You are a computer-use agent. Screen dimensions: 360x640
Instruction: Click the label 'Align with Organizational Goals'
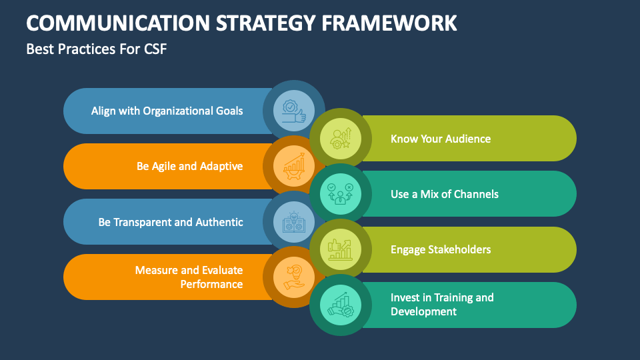coord(167,111)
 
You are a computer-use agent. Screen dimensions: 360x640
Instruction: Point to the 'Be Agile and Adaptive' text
coord(189,166)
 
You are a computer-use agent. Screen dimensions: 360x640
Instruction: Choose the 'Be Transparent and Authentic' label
coord(171,222)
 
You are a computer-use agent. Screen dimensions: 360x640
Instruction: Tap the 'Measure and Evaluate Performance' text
coord(189,277)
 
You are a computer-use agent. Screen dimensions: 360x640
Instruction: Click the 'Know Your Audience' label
coord(441,139)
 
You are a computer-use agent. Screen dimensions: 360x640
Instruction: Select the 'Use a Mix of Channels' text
coord(445,194)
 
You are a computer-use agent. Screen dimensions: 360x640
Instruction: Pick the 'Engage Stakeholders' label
coord(441,249)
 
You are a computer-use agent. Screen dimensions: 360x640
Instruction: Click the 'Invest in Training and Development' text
coord(442,304)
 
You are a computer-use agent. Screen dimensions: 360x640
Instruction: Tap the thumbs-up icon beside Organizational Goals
coord(294,111)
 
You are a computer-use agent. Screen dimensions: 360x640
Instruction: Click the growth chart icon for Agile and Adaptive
coord(294,167)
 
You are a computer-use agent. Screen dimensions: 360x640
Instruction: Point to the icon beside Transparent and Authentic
coord(294,222)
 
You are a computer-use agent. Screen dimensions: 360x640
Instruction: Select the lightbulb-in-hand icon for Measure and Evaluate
coord(294,277)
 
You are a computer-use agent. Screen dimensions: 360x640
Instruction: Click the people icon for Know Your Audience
coord(341,139)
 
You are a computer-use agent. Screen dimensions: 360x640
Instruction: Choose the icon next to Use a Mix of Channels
coord(341,194)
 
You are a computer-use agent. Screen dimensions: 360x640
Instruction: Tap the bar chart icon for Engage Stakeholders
coord(341,249)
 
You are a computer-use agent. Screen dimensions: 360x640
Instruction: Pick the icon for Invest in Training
coord(341,305)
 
